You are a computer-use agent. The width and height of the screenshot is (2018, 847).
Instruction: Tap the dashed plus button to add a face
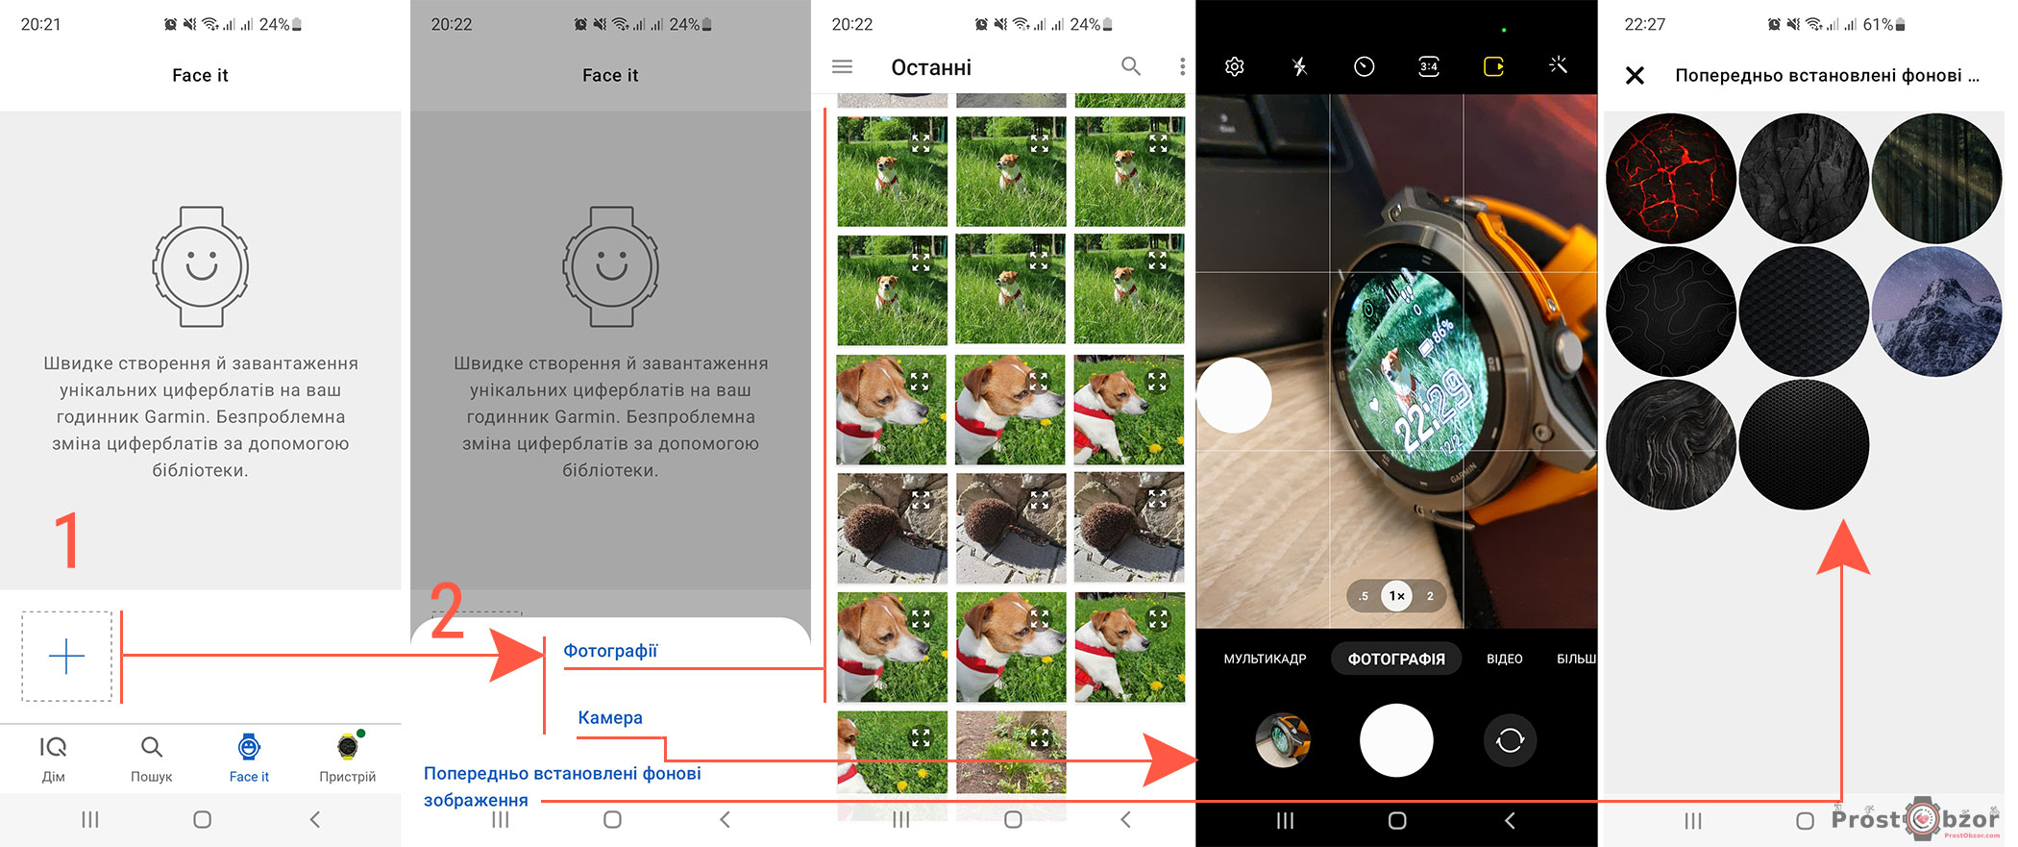66,656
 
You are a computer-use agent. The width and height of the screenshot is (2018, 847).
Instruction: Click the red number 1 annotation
66,539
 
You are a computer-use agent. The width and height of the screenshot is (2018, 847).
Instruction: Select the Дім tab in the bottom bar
53,759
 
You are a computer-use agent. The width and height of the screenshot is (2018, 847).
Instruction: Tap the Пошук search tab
152,759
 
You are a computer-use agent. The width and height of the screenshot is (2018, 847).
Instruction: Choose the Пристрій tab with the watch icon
347,759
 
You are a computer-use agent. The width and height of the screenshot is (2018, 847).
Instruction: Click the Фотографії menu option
610,651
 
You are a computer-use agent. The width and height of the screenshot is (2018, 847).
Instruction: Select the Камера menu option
610,717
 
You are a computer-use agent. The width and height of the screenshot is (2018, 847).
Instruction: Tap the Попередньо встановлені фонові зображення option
562,786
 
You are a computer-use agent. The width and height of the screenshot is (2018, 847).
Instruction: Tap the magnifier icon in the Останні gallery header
1131,66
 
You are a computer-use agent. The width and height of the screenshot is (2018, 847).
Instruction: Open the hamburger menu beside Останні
842,66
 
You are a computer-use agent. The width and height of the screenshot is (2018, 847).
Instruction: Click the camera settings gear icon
1235,66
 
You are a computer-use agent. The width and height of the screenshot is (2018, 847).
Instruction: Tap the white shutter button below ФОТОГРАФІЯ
1396,740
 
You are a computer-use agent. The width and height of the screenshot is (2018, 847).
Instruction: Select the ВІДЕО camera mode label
1504,659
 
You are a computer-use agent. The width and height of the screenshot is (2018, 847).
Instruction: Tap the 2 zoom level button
1430,596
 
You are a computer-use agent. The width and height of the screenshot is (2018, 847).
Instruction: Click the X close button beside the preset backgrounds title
1635,75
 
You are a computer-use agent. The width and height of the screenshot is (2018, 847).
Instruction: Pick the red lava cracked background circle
1671,178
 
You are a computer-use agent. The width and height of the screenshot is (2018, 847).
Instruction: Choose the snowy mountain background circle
1936,311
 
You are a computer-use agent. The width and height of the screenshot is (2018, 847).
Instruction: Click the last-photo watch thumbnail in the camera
1283,740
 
